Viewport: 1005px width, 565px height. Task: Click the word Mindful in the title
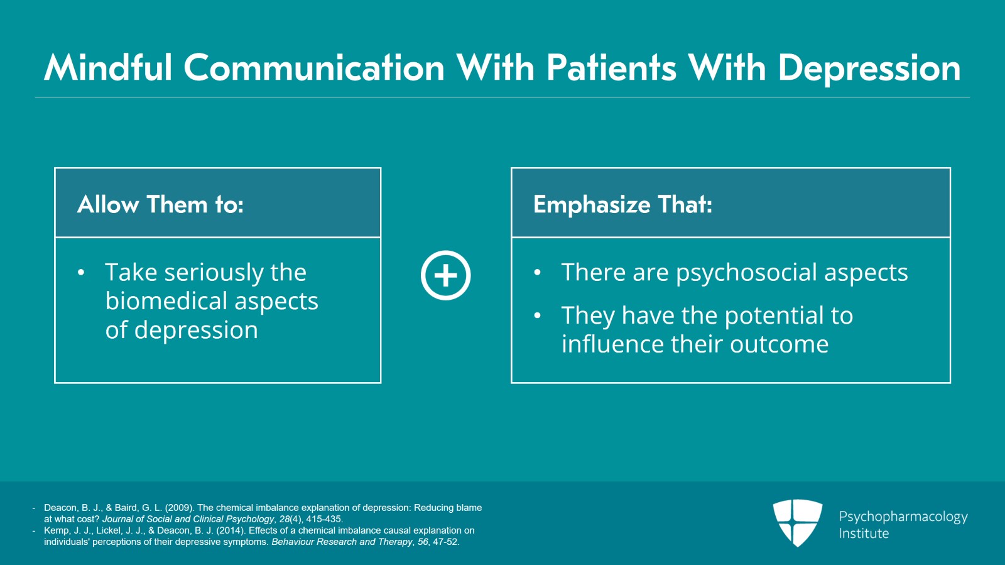coord(108,67)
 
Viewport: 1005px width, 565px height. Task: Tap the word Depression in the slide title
coord(869,69)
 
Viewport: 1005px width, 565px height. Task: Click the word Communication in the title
coord(314,67)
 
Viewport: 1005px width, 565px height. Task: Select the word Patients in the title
coord(611,67)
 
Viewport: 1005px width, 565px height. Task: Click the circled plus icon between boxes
coord(445,275)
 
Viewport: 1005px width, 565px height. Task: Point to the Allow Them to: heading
coord(160,204)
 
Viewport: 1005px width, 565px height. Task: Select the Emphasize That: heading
coord(622,204)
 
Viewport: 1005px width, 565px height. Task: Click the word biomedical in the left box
coord(160,301)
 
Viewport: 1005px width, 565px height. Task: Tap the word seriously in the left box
coord(214,273)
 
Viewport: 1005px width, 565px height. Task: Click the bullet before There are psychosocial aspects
coord(537,273)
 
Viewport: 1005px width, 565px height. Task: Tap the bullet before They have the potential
coord(537,315)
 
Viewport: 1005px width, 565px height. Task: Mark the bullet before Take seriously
coord(81,273)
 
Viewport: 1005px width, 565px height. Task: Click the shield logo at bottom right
coord(797,522)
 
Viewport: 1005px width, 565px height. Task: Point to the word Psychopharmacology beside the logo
coord(903,517)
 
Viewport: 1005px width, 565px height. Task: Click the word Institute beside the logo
coord(864,534)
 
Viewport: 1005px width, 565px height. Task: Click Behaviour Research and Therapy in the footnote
coord(342,542)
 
